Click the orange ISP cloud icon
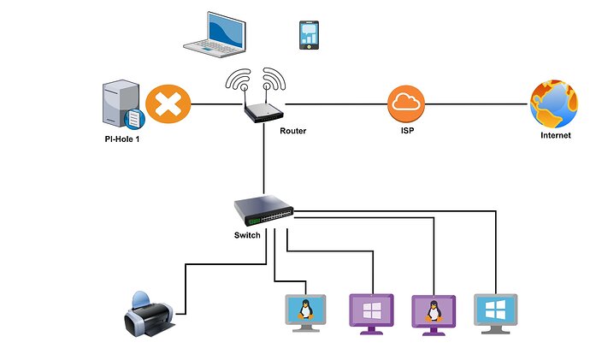(406, 104)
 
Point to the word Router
(292, 132)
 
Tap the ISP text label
(407, 133)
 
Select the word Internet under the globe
(556, 136)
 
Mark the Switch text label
(246, 234)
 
